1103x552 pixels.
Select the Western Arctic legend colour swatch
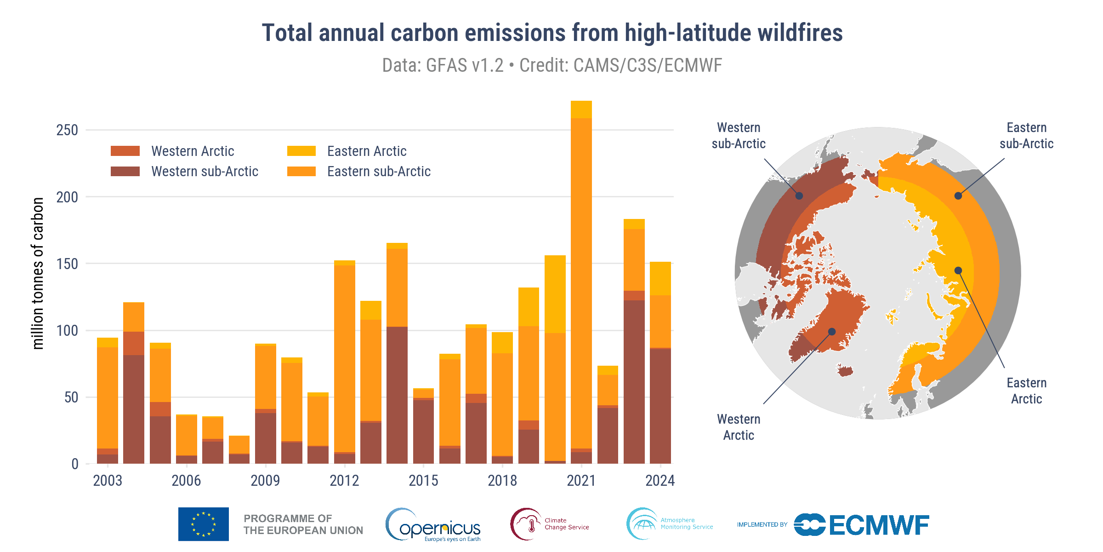coord(125,151)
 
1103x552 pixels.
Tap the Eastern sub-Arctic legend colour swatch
coord(301,172)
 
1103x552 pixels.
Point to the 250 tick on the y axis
coord(67,130)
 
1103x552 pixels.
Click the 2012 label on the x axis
coord(344,481)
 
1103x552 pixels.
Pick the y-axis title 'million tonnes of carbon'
coord(38,273)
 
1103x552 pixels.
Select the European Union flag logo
coord(203,524)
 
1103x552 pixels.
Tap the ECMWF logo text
coord(879,525)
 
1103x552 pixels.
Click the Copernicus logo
coord(433,524)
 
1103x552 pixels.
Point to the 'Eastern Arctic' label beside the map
coord(1026,391)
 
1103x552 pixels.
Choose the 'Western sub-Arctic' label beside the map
coord(739,136)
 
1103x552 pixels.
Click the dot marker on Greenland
coord(832,331)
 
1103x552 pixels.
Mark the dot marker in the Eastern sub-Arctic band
coord(958,196)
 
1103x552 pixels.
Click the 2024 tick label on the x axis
coord(660,481)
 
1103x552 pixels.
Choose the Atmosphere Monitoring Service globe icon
coord(642,524)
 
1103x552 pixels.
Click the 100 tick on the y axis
coord(67,330)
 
